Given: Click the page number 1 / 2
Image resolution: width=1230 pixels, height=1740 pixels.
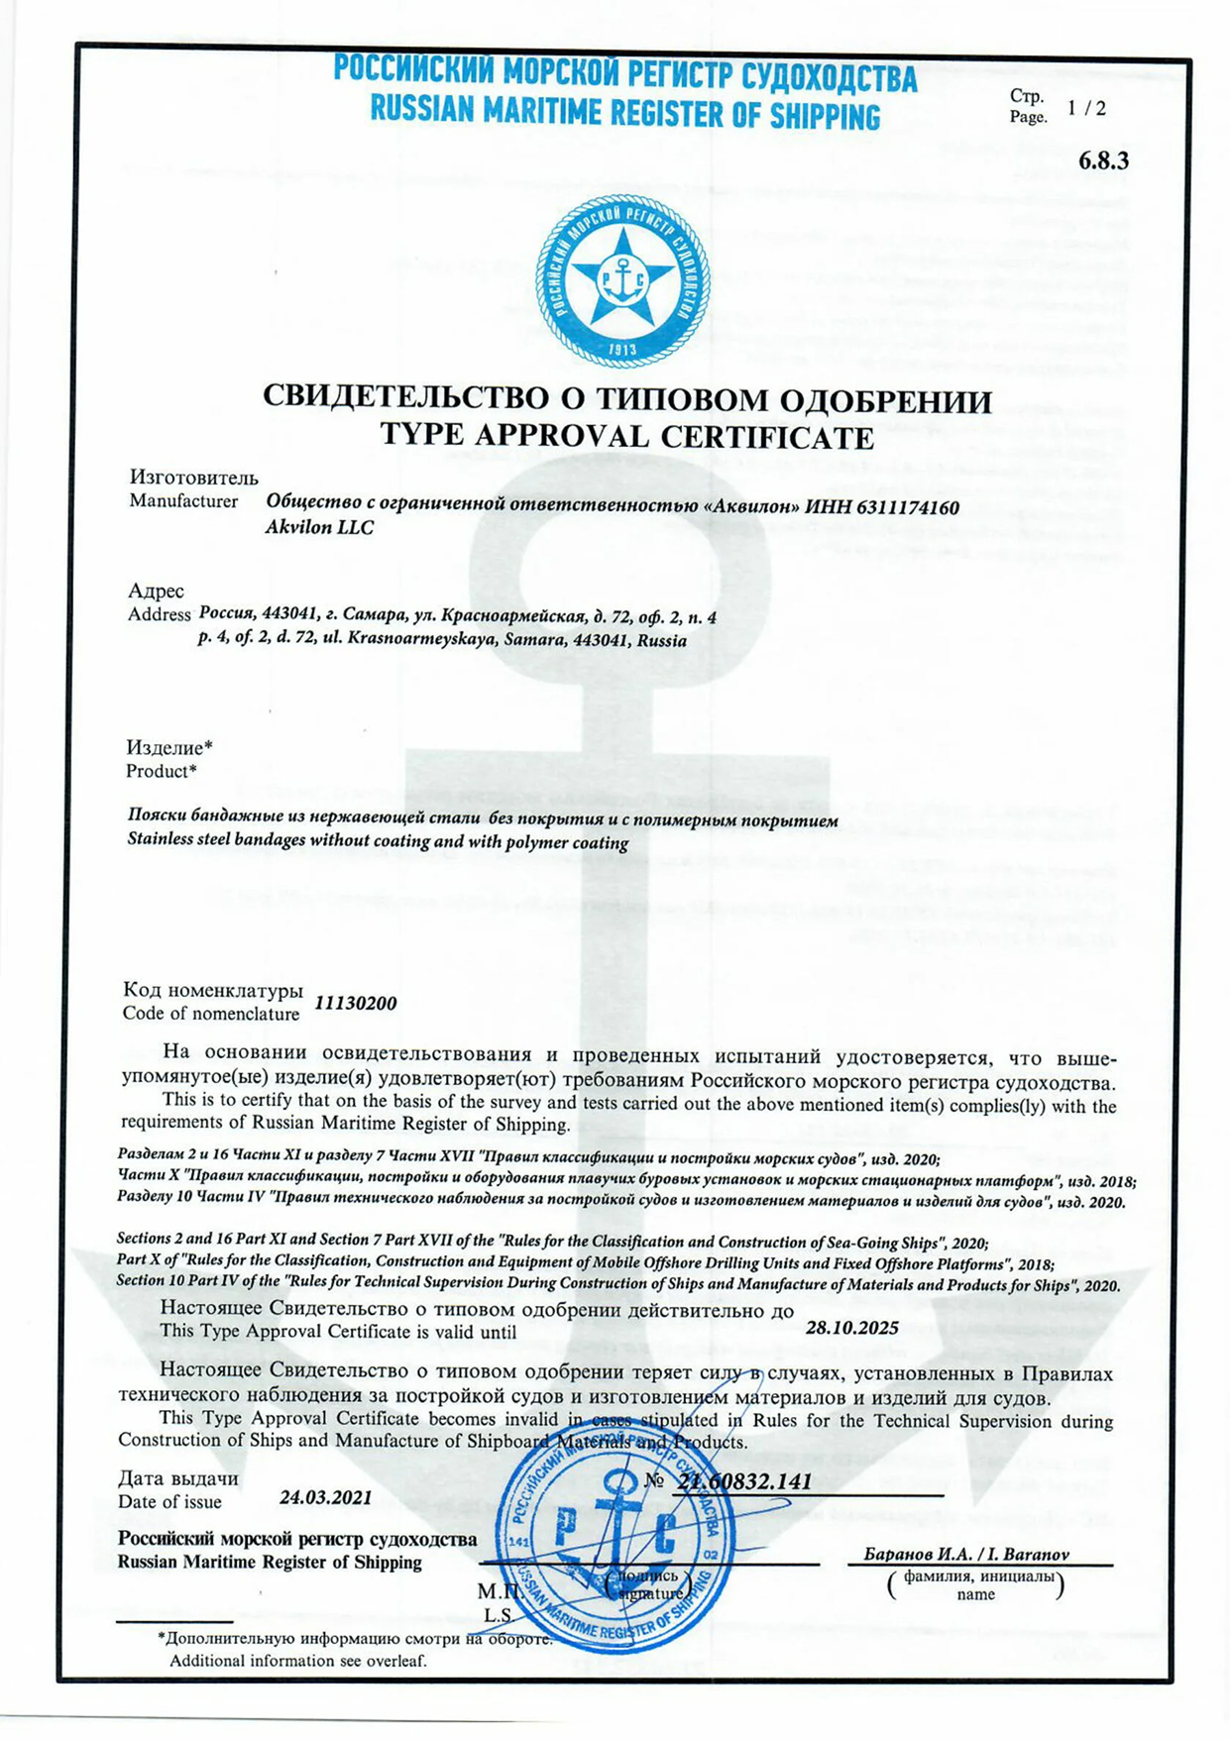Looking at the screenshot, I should tap(1086, 109).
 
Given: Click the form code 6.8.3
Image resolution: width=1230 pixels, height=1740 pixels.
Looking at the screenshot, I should tap(1103, 162).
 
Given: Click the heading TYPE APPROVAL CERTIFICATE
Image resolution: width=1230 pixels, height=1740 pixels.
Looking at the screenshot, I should tap(626, 437).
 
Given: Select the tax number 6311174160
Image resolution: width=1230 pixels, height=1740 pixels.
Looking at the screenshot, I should tap(905, 507).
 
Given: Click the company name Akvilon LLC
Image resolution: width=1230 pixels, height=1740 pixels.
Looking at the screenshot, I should tap(319, 528).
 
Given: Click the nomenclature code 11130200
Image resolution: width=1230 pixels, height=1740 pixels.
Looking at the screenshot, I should tap(355, 1003).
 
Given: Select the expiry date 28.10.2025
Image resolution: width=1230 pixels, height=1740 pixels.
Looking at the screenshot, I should tap(851, 1328).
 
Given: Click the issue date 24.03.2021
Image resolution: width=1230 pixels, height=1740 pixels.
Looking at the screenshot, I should tap(325, 1497).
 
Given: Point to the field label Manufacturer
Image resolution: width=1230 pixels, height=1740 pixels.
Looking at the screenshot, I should tap(183, 501).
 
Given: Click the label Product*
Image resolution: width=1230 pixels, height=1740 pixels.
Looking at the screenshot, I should tap(161, 771).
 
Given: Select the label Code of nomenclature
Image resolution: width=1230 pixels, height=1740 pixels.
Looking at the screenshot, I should tap(210, 1014).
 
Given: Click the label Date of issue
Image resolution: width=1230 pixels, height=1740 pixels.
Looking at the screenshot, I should tap(169, 1502).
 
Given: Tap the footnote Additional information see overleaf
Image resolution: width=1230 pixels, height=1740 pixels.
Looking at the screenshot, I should tap(297, 1661).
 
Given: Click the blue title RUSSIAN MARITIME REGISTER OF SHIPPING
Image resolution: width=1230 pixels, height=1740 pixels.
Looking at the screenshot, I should tap(624, 114).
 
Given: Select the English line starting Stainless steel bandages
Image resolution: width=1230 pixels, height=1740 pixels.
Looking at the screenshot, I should tap(378, 842).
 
